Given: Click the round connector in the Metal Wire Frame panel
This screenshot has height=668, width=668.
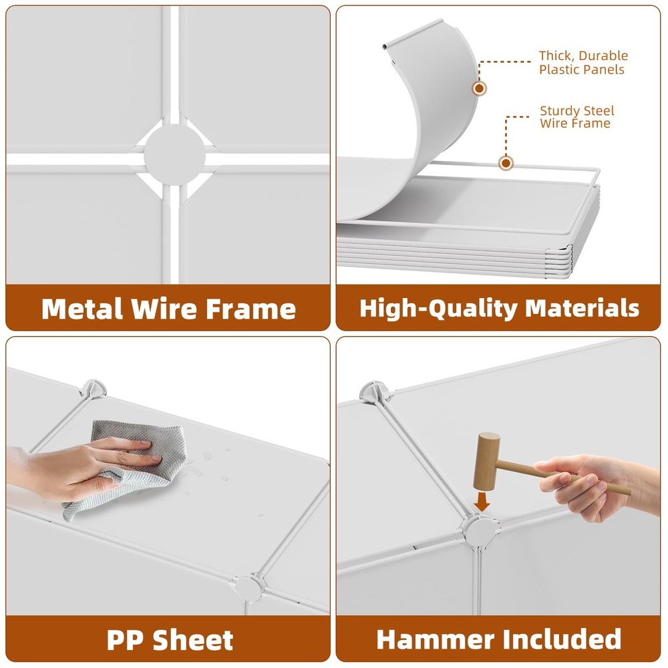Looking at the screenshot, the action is tap(174, 155).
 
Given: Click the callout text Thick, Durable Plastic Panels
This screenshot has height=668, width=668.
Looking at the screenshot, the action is tap(583, 62).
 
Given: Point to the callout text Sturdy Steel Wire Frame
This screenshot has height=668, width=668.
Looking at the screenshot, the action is tap(577, 117).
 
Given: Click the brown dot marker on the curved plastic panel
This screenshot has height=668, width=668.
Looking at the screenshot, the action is tap(479, 88).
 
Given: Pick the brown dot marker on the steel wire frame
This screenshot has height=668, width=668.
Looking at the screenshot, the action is tap(506, 163).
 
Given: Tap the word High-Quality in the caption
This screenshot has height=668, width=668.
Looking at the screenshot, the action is tap(438, 308).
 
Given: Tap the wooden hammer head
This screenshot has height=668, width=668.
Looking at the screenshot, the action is tap(486, 462).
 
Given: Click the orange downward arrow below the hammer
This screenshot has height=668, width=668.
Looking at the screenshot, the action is tap(482, 502).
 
